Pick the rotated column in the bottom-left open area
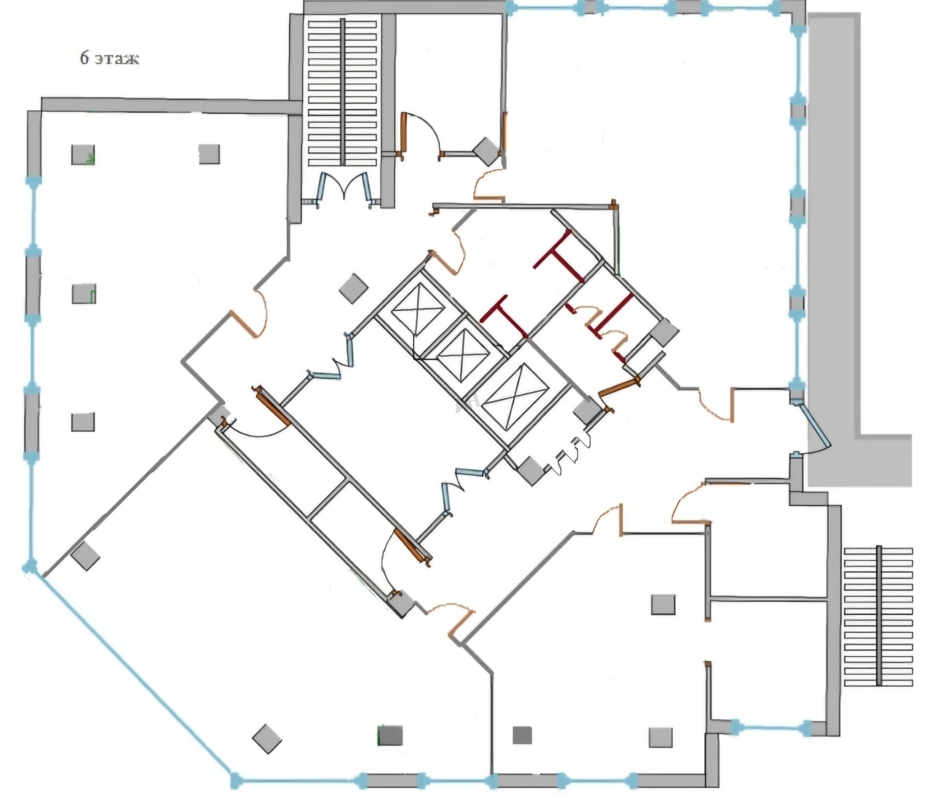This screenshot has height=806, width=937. click(267, 739)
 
